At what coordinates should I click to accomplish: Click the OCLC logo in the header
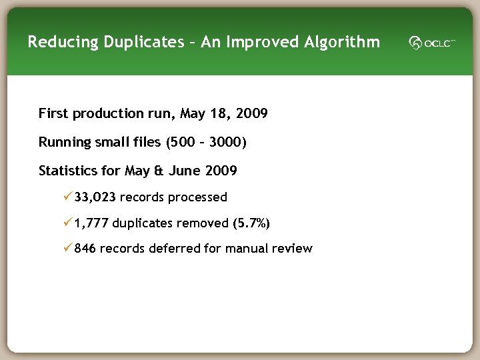[432, 43]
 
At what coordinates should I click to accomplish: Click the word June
[184, 171]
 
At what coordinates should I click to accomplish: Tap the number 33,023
[95, 197]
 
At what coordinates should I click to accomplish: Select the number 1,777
[92, 223]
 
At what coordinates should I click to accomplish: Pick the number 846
[85, 249]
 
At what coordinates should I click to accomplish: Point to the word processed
[197, 197]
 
